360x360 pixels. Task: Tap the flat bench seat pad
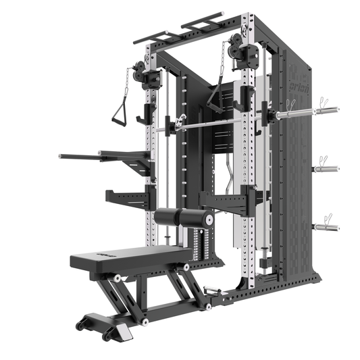(128, 256)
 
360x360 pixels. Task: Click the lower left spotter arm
(128, 198)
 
